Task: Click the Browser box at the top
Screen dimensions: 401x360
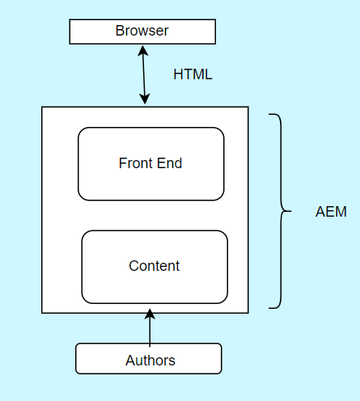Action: [x=142, y=32]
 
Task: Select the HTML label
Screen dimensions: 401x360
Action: [x=193, y=74]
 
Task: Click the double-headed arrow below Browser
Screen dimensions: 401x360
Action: [x=144, y=74]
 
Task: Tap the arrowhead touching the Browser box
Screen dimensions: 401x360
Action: [x=142, y=49]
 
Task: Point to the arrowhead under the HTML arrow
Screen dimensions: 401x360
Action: [x=146, y=99]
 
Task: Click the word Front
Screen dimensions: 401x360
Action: [x=134, y=163]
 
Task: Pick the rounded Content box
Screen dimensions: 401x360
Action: [x=155, y=266]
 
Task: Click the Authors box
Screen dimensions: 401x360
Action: [x=149, y=359]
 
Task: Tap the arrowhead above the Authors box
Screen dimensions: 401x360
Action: [x=150, y=314]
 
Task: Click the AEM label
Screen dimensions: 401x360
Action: [x=331, y=213]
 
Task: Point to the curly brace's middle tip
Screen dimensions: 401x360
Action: [x=290, y=212]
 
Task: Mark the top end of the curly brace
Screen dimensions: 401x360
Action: [x=270, y=115]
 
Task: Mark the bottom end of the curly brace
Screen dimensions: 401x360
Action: [x=270, y=308]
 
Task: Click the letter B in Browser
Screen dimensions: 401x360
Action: [x=120, y=32]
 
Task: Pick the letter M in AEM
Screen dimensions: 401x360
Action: [x=341, y=213]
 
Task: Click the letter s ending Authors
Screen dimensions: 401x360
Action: [x=172, y=361]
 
